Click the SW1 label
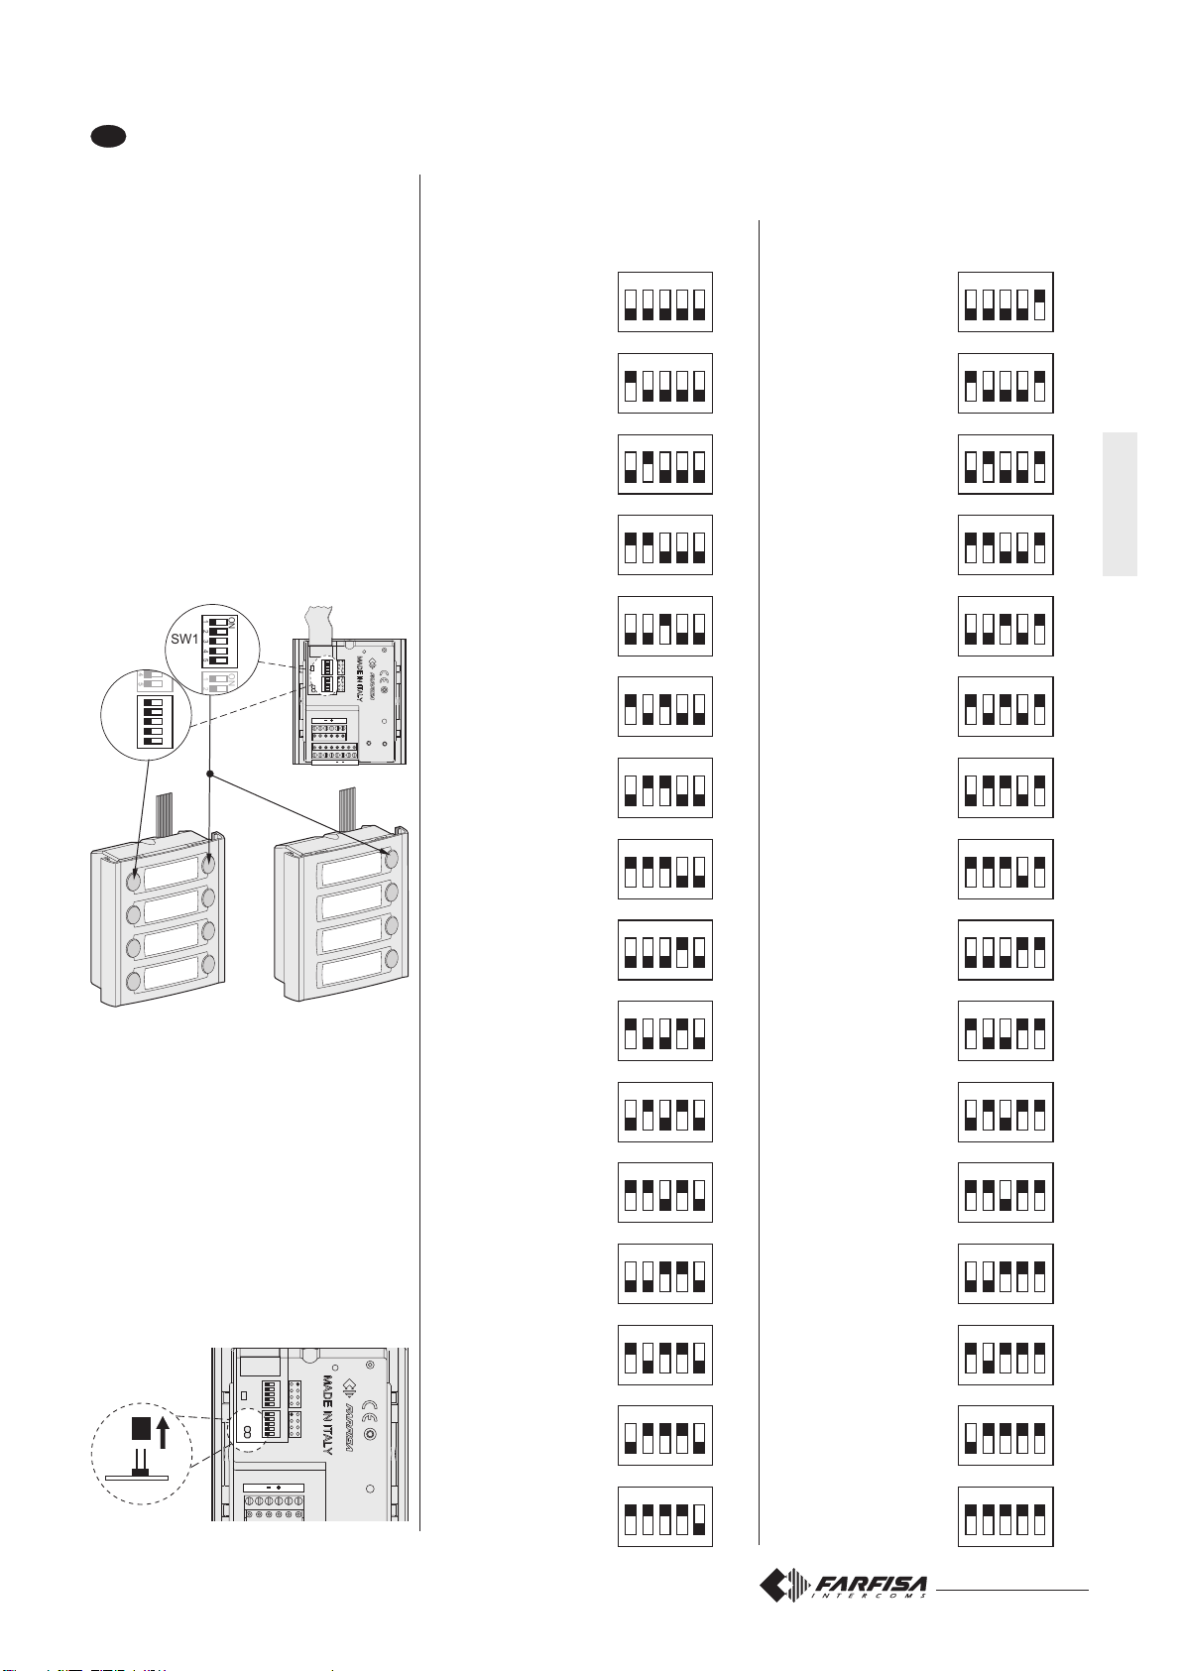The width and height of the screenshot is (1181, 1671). [184, 639]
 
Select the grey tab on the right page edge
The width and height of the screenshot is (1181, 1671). [1120, 504]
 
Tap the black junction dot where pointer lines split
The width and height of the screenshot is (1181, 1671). [209, 773]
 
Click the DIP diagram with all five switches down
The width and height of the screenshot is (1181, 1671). [664, 301]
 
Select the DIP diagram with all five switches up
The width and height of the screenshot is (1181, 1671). [1004, 1516]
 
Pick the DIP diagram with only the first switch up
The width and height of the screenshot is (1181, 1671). [664, 383]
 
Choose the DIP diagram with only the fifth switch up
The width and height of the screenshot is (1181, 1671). [1004, 301]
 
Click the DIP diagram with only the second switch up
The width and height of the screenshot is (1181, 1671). [664, 464]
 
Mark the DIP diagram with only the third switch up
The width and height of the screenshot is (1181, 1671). [664, 626]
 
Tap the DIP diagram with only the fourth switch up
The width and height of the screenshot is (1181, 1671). [664, 950]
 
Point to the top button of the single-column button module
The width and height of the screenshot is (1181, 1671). [391, 859]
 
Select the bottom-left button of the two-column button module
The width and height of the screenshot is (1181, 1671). [134, 982]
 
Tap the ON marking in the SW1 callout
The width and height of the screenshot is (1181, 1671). [230, 622]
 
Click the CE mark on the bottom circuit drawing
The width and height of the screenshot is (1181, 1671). [368, 1405]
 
